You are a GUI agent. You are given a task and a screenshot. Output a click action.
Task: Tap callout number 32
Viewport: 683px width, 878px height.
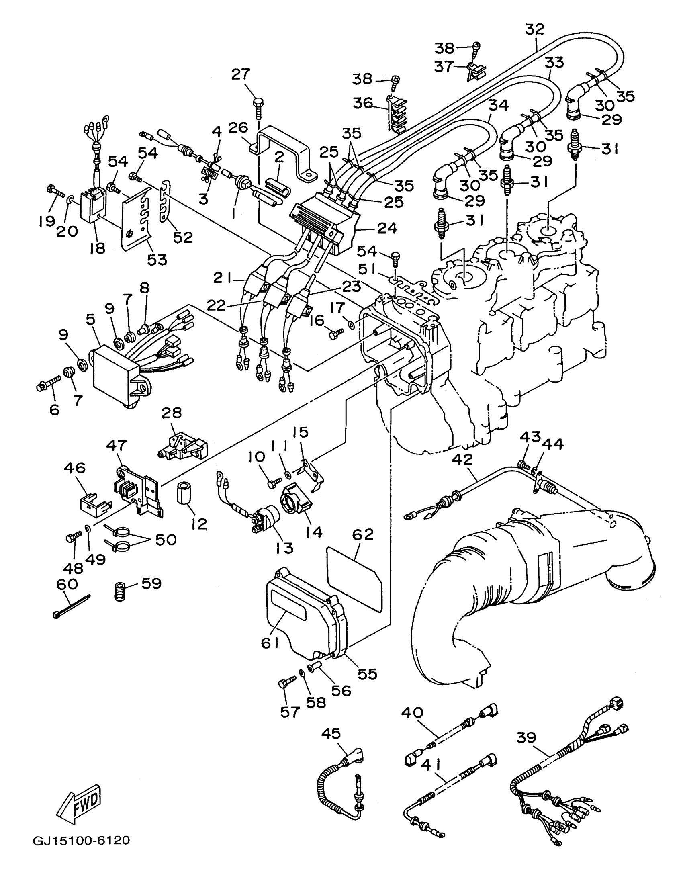tap(535, 29)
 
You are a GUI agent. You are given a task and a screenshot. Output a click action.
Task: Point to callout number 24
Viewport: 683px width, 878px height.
tap(387, 228)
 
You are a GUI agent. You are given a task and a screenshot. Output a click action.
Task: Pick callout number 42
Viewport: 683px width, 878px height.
tap(463, 459)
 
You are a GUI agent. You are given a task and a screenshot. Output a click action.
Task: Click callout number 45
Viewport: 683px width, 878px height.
tap(331, 733)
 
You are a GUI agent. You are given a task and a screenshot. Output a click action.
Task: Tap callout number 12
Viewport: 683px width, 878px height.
tap(199, 524)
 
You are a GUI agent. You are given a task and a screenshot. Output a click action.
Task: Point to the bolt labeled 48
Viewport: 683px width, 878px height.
tap(73, 536)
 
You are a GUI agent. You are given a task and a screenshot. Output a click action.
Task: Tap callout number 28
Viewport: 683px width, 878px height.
tap(172, 412)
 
